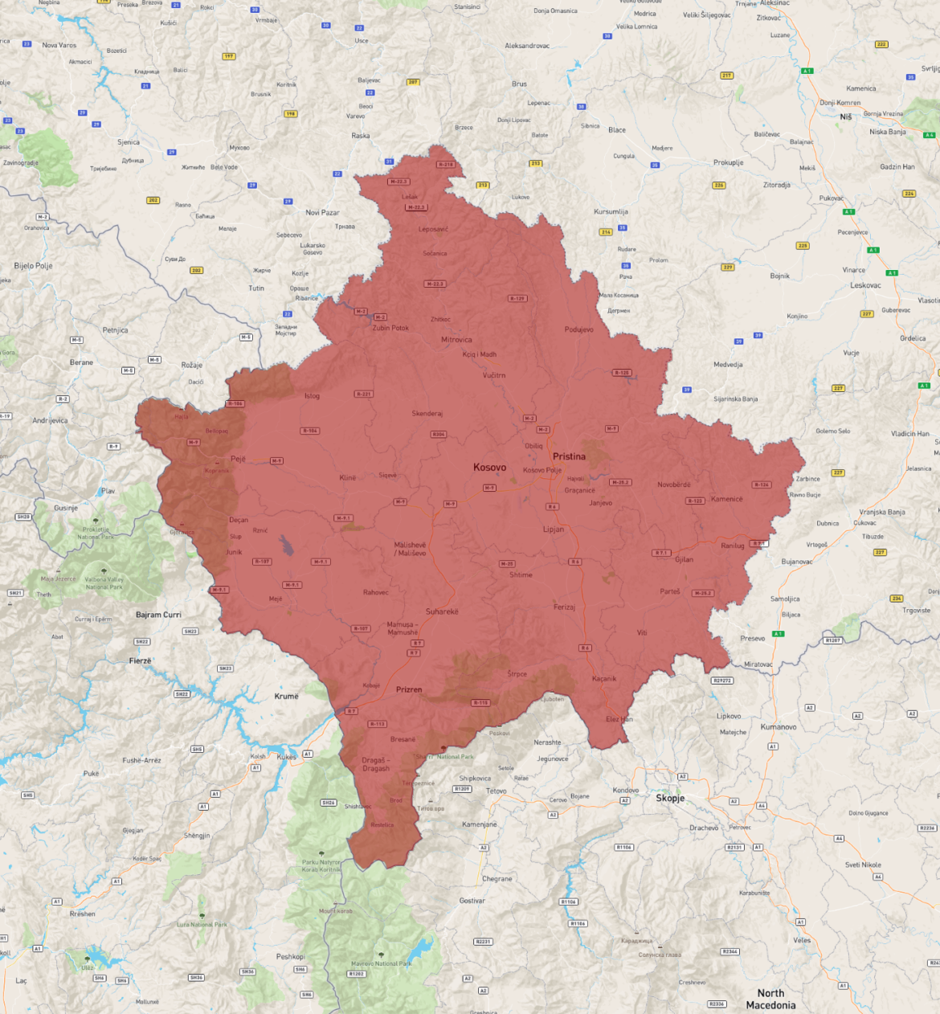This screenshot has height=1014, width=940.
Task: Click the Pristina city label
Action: pyautogui.click(x=569, y=456)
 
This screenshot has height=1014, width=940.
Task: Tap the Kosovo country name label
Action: pyautogui.click(x=489, y=467)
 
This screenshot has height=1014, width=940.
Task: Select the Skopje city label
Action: pyautogui.click(x=670, y=798)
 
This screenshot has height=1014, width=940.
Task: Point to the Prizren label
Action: pyautogui.click(x=409, y=689)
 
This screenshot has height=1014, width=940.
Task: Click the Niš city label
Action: pyautogui.click(x=845, y=117)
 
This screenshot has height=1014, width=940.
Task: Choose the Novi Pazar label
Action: pyautogui.click(x=322, y=213)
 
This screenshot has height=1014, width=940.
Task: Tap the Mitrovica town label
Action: pyautogui.click(x=456, y=340)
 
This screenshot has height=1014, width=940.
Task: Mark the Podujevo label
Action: pyautogui.click(x=578, y=329)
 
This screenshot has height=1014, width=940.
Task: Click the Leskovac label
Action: pyautogui.click(x=865, y=285)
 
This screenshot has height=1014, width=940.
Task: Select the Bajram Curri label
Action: pyautogui.click(x=158, y=615)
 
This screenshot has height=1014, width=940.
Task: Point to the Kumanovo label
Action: pyautogui.click(x=778, y=727)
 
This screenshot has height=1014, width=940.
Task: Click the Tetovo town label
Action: pyautogui.click(x=496, y=791)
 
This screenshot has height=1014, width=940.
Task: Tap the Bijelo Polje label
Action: pyautogui.click(x=33, y=266)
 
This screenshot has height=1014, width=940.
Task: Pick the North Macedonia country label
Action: pyautogui.click(x=770, y=999)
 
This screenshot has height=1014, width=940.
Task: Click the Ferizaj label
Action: pyautogui.click(x=564, y=607)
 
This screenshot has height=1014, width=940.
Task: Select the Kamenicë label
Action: pyautogui.click(x=726, y=499)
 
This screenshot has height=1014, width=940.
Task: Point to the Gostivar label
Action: pyautogui.click(x=472, y=901)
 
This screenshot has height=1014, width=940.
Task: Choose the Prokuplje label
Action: pyautogui.click(x=728, y=162)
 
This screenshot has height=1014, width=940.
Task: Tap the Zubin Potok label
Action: pyautogui.click(x=390, y=328)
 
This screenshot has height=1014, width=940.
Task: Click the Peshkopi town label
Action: pyautogui.click(x=290, y=957)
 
